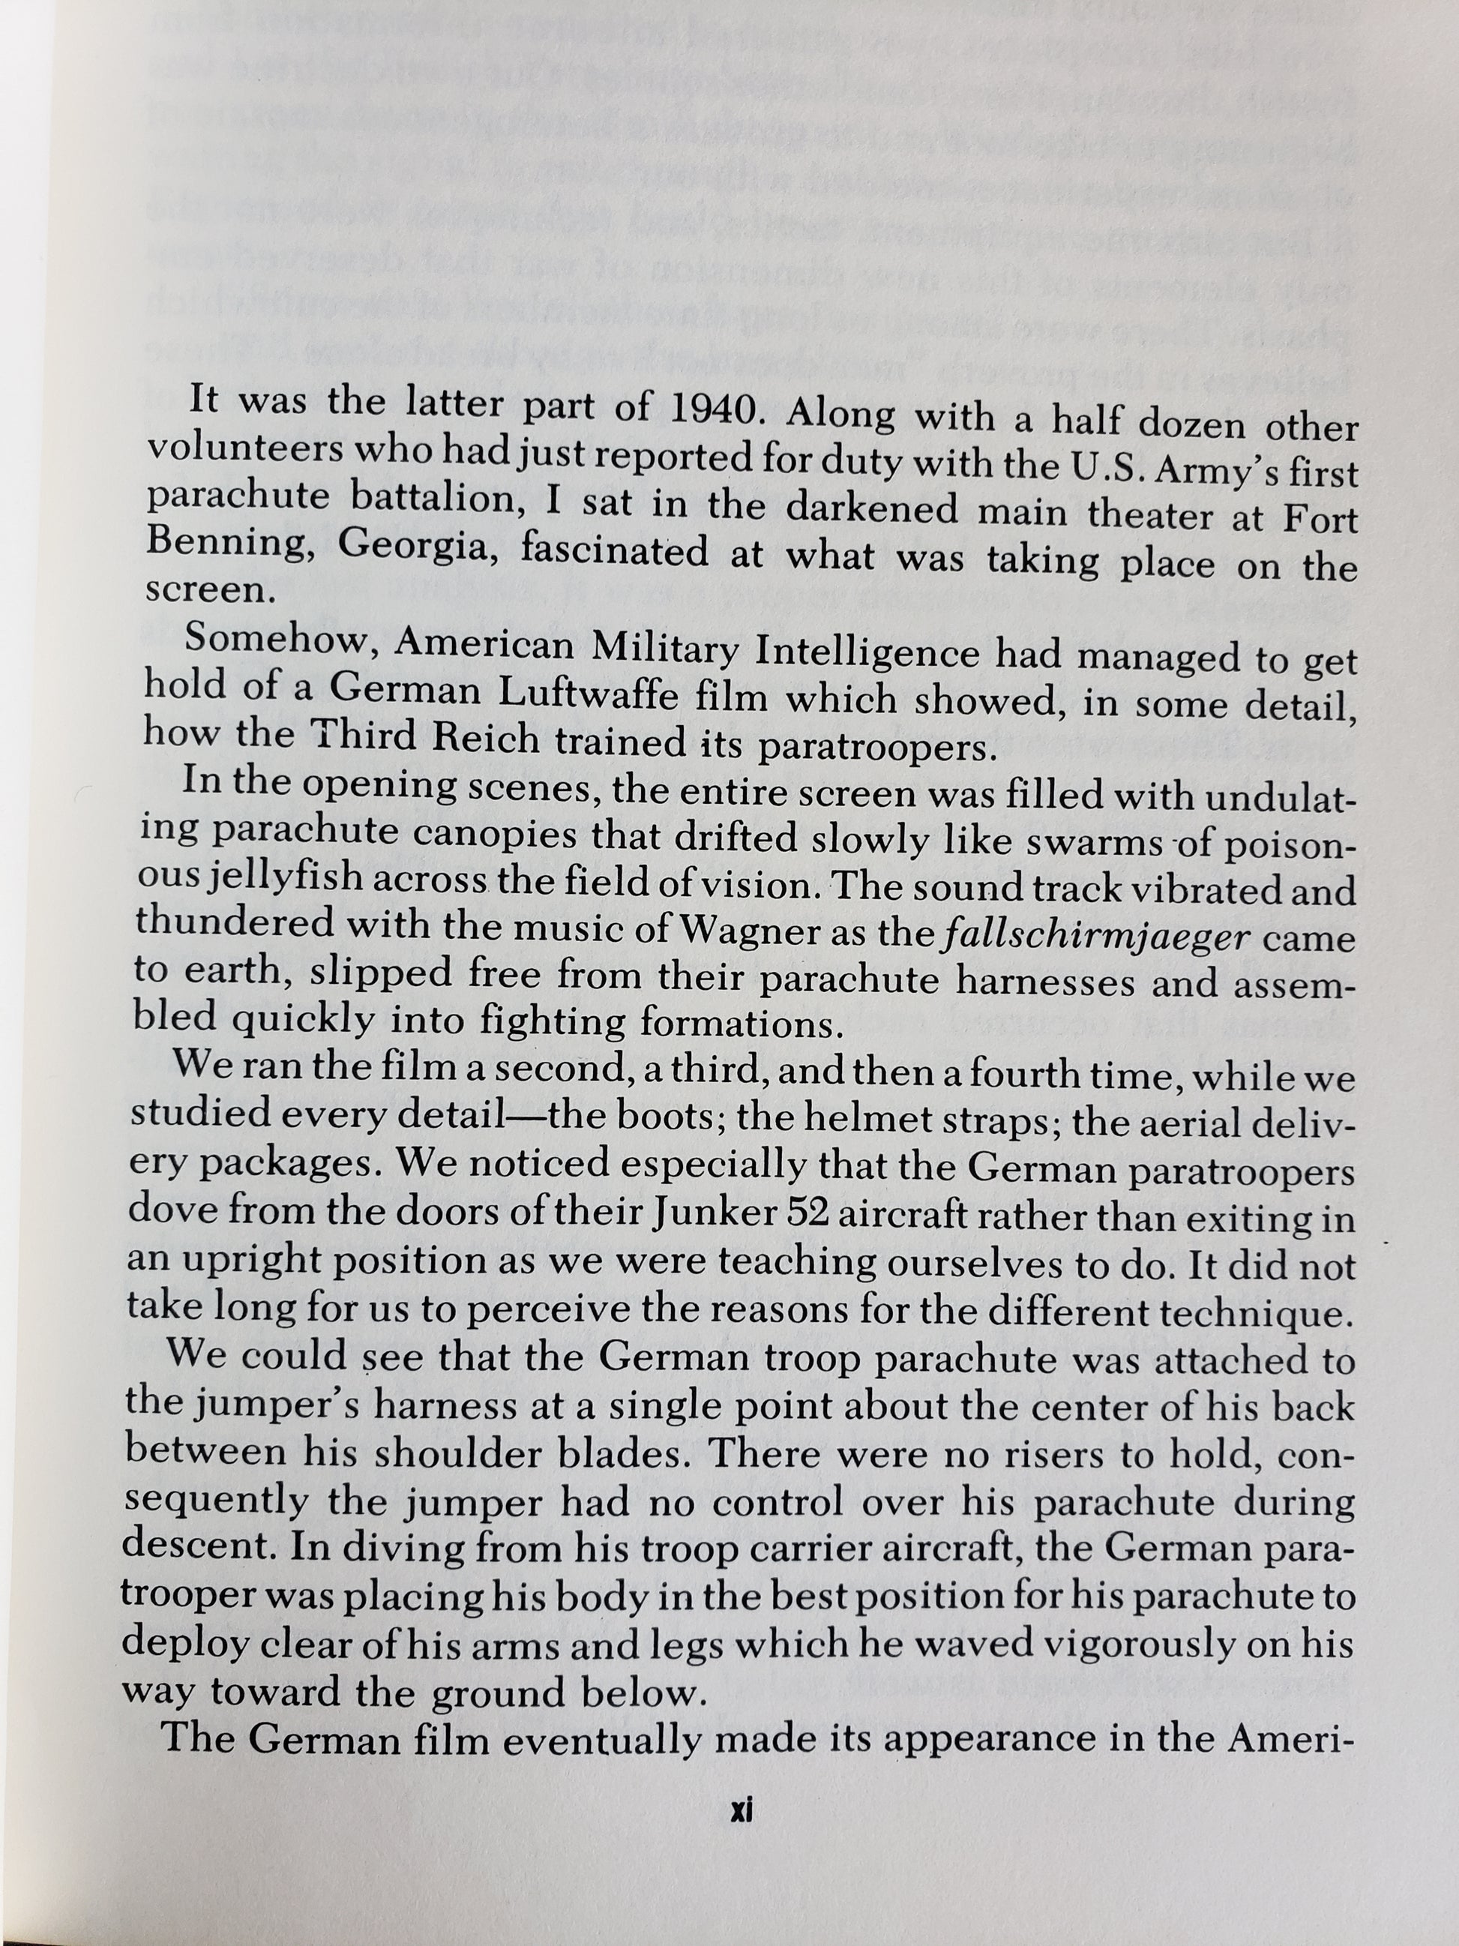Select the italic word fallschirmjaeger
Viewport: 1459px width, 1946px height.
(1094, 934)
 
